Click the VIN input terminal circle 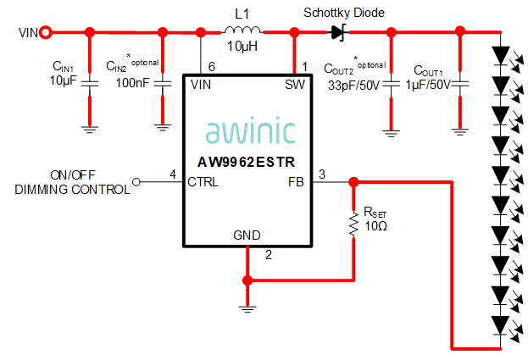click(47, 33)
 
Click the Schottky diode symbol click(339, 33)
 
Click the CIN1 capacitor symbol click(90, 83)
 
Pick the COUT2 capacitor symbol click(391, 83)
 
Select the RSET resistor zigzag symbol click(353, 225)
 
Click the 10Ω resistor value click(375, 227)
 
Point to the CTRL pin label click(204, 181)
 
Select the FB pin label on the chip click(297, 181)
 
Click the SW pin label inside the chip click(295, 85)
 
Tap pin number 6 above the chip click(212, 66)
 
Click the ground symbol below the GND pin click(247, 309)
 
